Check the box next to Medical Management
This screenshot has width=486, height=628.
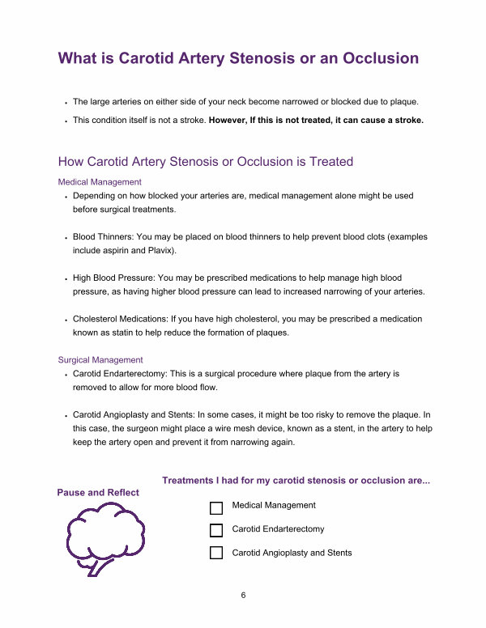pos(216,508)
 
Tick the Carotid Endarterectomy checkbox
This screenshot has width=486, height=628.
pos(216,531)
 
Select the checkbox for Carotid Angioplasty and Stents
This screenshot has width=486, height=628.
pos(216,554)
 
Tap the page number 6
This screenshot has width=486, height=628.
pos(243,596)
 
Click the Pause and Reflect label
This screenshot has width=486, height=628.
pos(98,492)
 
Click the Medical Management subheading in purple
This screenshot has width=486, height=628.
pos(100,182)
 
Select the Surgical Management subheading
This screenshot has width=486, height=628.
pos(100,359)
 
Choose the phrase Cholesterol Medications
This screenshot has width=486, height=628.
pos(122,320)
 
